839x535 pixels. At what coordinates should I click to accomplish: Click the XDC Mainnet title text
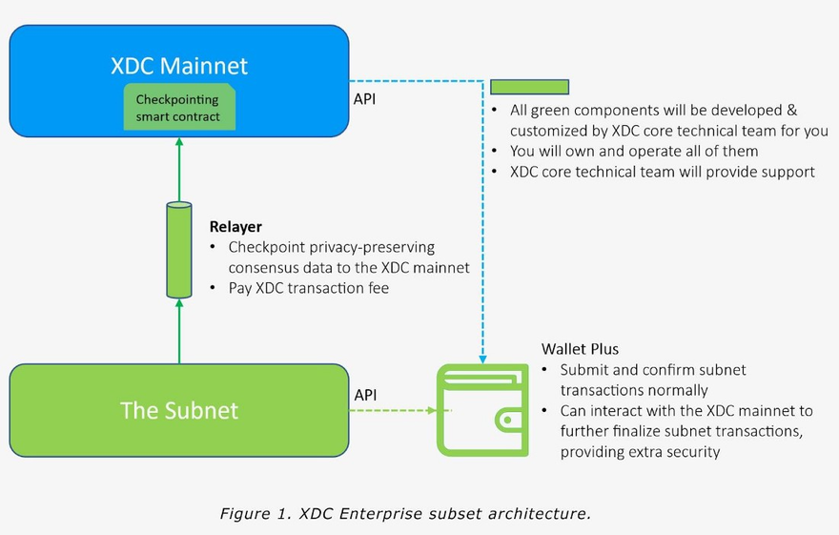pos(178,66)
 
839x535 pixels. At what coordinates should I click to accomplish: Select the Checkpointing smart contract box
pos(178,108)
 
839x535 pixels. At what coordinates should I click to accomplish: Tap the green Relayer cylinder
pos(178,248)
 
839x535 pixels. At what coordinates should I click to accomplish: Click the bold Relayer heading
pos(235,228)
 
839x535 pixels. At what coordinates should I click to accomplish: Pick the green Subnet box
pos(178,410)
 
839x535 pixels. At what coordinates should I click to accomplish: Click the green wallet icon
pos(482,411)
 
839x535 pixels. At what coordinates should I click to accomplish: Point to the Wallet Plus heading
pos(580,349)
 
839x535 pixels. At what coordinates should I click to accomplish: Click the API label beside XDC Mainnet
pos(365,98)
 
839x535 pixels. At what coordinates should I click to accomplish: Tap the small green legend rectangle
pos(529,87)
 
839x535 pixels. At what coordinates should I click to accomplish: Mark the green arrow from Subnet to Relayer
pos(178,329)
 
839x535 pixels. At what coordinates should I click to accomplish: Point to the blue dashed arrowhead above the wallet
pos(483,360)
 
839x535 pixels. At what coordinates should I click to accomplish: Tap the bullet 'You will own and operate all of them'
pos(634,151)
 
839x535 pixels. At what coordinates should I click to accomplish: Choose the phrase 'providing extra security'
pos(640,452)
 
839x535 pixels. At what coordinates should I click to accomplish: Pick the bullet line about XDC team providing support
pos(663,172)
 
